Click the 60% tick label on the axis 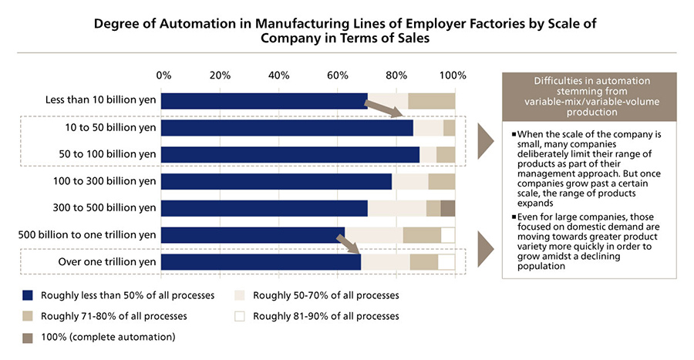coord(337,76)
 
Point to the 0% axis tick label coord(163,76)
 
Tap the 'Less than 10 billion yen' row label coord(101,101)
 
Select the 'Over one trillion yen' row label coord(107,262)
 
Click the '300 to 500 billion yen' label coord(104,208)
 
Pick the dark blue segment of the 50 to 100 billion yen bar coord(290,154)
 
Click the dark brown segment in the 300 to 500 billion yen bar coord(447,208)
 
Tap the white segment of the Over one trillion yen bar coord(446,262)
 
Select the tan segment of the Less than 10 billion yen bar coord(431,101)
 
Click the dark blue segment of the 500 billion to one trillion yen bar coord(253,235)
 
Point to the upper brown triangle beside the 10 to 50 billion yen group coord(487,141)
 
